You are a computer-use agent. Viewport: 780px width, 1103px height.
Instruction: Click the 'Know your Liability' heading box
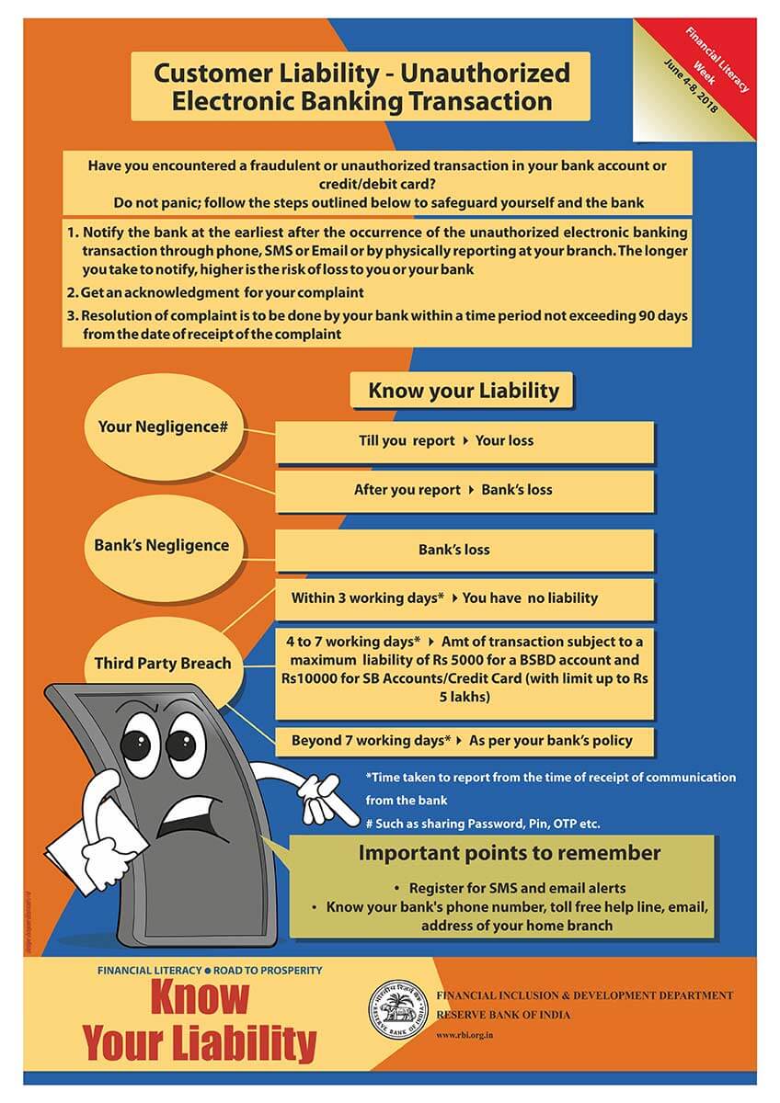[x=463, y=391]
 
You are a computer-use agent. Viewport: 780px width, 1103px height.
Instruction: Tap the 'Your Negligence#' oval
[x=156, y=427]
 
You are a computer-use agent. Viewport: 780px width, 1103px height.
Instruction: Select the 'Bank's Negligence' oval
[x=161, y=545]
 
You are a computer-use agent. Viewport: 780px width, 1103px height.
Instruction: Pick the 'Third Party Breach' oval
[x=163, y=664]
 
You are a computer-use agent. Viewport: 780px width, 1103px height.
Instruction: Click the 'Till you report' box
[x=465, y=441]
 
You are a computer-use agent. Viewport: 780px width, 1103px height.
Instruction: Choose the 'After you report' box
[x=465, y=490]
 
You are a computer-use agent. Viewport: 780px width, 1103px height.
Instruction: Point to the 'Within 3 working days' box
[x=465, y=598]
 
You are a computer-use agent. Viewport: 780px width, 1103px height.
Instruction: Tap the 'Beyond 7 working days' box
[x=465, y=740]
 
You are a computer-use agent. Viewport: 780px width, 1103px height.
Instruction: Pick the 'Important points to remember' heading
[x=509, y=853]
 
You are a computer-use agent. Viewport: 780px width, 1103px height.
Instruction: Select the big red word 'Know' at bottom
[x=199, y=997]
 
